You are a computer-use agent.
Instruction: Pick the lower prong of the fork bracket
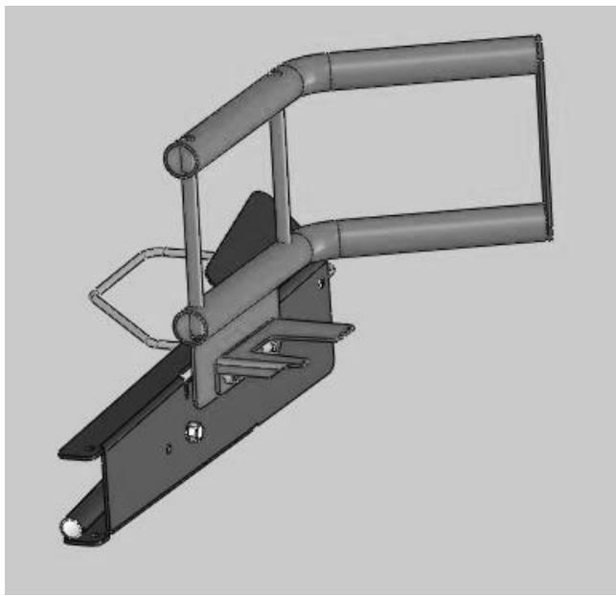[x=254, y=368]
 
